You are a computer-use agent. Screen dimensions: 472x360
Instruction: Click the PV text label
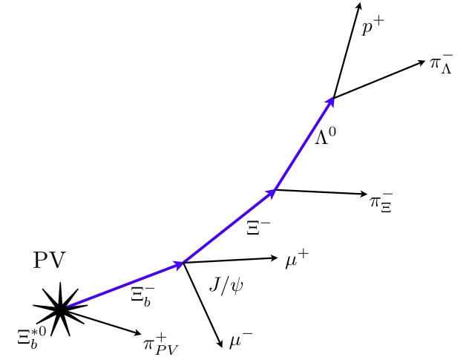pos(50,260)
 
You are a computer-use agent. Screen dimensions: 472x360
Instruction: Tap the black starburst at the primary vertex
pos(60,309)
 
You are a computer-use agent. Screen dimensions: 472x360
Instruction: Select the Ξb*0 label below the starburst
pos(32,338)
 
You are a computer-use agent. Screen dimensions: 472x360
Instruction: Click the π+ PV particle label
pos(161,344)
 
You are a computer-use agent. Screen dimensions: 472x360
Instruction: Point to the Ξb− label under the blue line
pos(142,297)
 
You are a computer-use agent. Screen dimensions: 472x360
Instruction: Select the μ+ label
pos(297,260)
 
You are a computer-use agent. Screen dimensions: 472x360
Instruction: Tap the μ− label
pos(240,340)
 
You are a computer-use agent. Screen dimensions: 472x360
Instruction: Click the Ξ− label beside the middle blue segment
pos(258,228)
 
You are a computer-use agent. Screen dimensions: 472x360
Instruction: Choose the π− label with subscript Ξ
pos(381,203)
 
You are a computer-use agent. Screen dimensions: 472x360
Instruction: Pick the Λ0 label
pos(325,136)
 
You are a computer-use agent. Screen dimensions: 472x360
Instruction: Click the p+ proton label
pos(373,27)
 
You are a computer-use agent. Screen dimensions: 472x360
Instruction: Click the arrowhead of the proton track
pos(358,6)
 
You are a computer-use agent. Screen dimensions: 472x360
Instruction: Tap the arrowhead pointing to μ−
pos(220,344)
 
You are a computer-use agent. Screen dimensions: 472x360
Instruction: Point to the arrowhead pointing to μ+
pos(274,258)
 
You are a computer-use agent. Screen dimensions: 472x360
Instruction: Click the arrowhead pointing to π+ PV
pos(137,333)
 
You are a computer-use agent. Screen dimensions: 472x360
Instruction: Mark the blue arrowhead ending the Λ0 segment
pos(330,102)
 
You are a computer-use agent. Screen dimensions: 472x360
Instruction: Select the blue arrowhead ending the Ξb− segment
pos(179,265)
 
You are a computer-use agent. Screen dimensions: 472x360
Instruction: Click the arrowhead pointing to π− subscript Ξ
pos(364,194)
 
